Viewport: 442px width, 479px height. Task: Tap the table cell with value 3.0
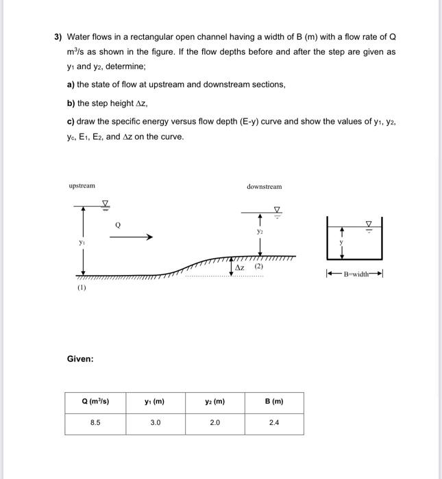(155, 423)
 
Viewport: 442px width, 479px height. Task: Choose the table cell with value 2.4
(273, 423)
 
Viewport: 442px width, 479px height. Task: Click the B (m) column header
(273, 402)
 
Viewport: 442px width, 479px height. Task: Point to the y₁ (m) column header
(155, 402)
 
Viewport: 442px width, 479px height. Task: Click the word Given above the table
(80, 359)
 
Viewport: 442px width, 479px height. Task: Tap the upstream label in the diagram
(82, 185)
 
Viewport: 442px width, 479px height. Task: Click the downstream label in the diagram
(264, 186)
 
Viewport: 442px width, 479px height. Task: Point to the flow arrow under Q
(130, 237)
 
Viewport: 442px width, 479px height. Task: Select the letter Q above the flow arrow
(118, 223)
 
